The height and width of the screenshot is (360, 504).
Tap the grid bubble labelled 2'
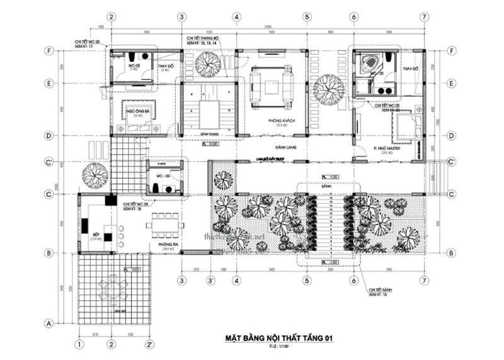[149, 344]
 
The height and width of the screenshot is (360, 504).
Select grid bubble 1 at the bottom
[79, 344]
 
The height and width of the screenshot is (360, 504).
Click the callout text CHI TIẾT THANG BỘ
[203, 38]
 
